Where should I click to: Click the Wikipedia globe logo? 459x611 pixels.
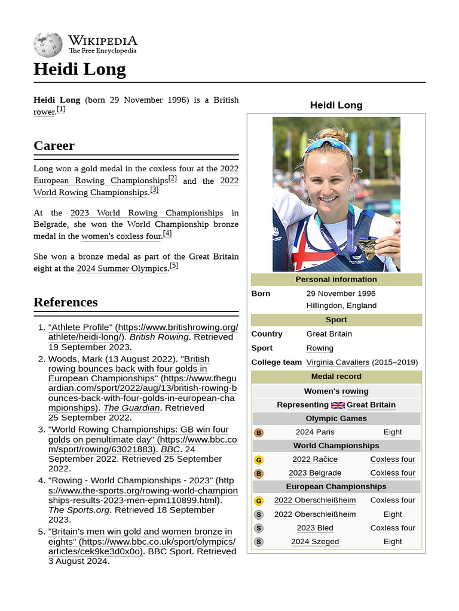coord(48,45)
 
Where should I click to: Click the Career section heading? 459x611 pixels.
coord(54,146)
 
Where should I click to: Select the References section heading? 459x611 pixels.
coord(65,302)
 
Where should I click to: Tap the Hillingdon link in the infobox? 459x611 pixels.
coord(324,305)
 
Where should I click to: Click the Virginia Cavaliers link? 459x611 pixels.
coord(338,362)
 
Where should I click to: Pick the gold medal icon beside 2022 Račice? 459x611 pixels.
coord(259,460)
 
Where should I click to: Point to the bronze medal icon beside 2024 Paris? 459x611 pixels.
coord(259,433)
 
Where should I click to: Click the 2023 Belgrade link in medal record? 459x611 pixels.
coord(315,473)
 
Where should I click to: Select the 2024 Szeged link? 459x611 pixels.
coord(315,542)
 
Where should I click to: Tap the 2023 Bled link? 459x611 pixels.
coord(315,528)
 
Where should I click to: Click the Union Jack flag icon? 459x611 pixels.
coord(338,405)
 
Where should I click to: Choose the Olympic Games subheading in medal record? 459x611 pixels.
coord(336,419)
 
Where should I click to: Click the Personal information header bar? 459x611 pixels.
coord(336,279)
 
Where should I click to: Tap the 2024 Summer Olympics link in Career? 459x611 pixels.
coord(122,269)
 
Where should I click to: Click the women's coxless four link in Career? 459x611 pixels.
coord(121,236)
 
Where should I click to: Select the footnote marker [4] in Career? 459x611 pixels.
coord(167,234)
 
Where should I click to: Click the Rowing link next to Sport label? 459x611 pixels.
coord(320,348)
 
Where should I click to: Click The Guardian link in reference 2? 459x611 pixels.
coord(131,408)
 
